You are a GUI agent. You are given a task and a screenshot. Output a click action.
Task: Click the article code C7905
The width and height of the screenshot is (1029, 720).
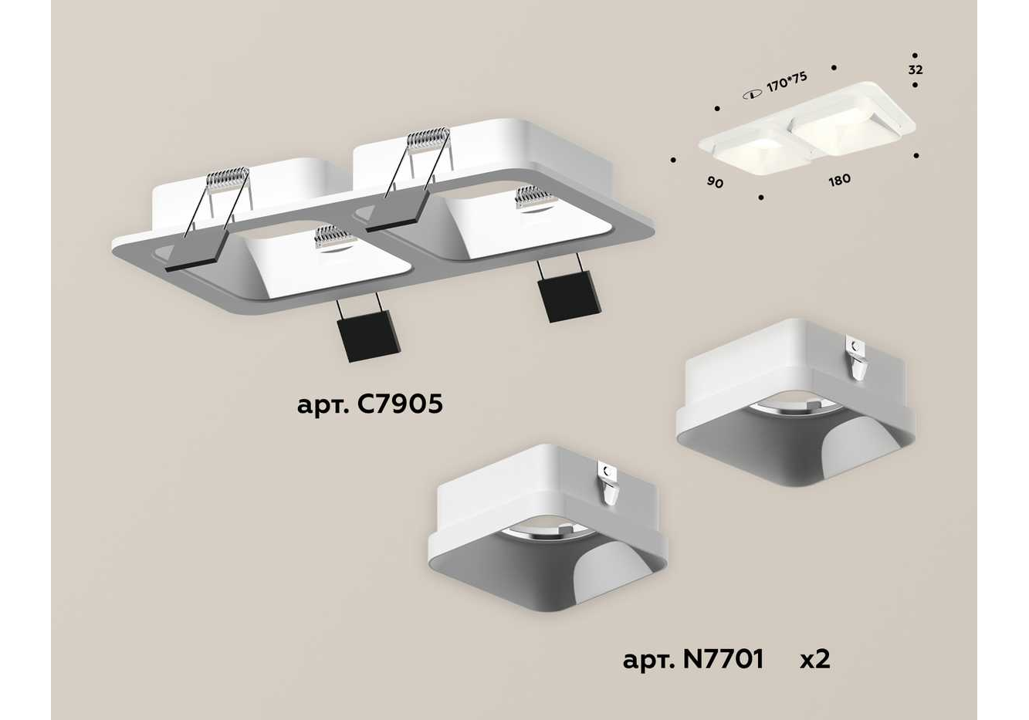[400, 404]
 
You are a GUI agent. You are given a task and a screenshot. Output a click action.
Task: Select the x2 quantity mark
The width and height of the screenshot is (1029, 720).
[815, 660]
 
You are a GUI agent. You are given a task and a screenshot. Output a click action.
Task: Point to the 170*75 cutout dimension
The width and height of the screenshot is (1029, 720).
[787, 83]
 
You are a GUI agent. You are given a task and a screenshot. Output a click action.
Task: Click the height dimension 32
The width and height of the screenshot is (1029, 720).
[916, 69]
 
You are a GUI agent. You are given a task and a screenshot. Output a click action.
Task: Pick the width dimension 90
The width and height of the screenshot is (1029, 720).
[716, 182]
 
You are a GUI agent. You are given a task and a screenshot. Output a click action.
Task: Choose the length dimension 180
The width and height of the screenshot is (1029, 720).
[839, 180]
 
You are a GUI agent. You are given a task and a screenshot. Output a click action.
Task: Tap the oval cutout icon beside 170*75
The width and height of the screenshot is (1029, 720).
[753, 95]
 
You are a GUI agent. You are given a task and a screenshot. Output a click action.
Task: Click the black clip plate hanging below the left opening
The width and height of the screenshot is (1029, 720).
[368, 336]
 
